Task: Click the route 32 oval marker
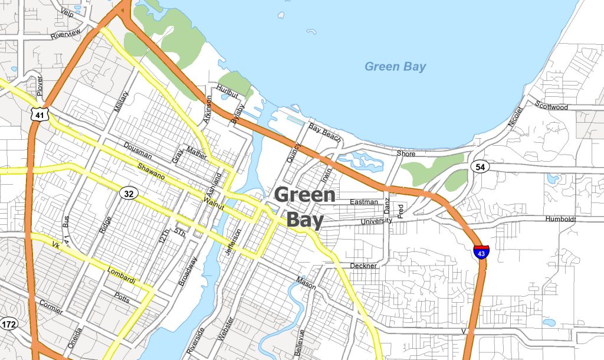point(129,193)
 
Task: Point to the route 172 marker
point(9,324)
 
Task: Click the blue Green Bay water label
point(395,67)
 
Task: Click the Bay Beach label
point(325,133)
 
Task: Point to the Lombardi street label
point(122,275)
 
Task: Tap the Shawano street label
point(152,172)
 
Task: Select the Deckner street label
point(363,266)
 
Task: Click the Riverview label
point(65,33)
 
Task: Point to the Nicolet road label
point(515,117)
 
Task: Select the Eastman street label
point(364,202)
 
